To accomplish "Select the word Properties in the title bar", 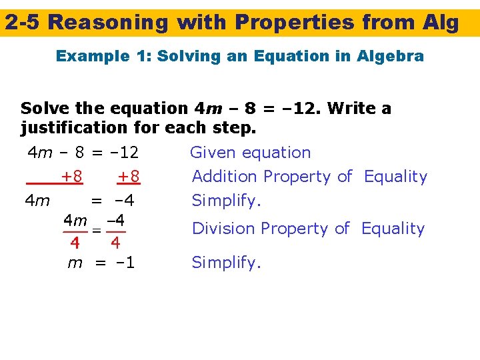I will click(x=297, y=23).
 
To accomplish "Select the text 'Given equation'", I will click(x=251, y=153).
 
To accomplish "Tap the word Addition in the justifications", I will click(x=224, y=177).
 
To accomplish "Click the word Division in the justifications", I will click(x=224, y=229).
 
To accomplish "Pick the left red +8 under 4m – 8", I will click(x=71, y=177).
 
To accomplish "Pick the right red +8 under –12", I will click(x=128, y=177).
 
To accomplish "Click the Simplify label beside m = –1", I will click(x=227, y=263).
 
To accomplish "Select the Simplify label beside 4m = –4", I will click(x=227, y=201).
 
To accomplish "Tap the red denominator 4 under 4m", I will click(x=75, y=241).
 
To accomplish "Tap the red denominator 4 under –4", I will click(x=115, y=241).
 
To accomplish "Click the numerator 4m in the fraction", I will click(x=75, y=219).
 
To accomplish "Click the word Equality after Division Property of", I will click(x=393, y=229).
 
